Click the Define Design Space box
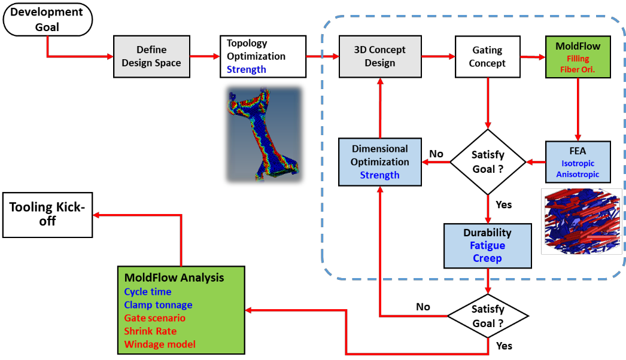151,56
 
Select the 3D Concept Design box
380,56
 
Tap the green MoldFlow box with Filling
578,57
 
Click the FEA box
578,161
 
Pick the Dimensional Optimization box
380,161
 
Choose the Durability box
487,245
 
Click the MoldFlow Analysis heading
174,277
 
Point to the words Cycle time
148,292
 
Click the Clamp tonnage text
158,305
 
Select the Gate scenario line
155,318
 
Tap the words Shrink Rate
150,331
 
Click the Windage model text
160,344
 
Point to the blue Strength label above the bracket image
247,69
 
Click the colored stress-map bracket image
263,135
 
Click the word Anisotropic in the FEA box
578,175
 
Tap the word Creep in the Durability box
487,258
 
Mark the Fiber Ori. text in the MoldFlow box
577,69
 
